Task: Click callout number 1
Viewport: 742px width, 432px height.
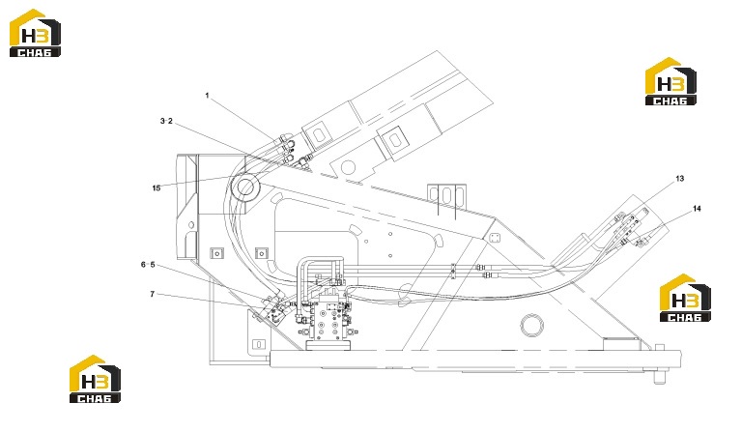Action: tap(207, 96)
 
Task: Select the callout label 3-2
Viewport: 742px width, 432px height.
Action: tap(166, 121)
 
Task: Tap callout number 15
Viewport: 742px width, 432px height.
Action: tap(157, 188)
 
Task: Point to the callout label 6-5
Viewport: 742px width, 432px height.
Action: tap(148, 265)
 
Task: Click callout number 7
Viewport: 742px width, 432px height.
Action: tap(152, 295)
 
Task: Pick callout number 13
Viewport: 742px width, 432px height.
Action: tap(679, 179)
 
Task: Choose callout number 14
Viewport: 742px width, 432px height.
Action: tap(697, 209)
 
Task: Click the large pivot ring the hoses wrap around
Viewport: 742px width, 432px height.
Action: tap(246, 187)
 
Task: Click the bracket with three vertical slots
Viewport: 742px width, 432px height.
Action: tap(447, 196)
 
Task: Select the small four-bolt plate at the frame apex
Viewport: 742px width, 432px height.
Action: tap(495, 238)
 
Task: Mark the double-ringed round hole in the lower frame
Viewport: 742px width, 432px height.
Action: tap(532, 325)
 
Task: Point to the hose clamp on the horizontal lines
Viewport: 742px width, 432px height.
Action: tap(453, 271)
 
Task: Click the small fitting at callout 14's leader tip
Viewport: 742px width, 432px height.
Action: tap(642, 244)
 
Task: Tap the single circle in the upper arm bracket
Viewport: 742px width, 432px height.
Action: tap(348, 167)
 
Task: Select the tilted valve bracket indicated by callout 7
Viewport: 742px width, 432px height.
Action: tap(275, 310)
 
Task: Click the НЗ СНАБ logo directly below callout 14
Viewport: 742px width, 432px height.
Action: tap(685, 298)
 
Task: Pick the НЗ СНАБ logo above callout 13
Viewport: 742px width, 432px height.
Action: tap(671, 81)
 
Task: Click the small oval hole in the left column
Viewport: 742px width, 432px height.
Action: tap(191, 224)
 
